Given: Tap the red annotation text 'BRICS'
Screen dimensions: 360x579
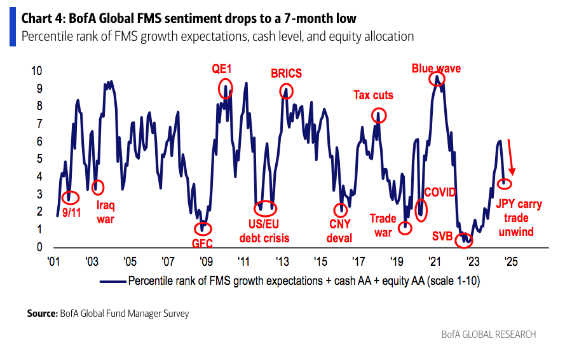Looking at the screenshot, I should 286,73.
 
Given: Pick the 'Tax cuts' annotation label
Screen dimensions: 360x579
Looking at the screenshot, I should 373,95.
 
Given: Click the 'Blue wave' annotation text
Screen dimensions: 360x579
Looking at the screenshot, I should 436,67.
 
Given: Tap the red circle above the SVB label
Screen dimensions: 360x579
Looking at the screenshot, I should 465,239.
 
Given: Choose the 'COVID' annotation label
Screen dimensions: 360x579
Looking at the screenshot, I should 440,191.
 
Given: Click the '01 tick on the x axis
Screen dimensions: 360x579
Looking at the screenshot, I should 54,261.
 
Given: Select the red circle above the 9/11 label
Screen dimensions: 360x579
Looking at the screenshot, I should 70,197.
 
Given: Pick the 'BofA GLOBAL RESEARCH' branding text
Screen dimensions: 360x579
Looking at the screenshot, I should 489,335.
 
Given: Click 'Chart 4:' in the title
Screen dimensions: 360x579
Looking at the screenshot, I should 42,18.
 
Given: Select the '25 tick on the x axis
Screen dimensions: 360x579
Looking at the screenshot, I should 510,261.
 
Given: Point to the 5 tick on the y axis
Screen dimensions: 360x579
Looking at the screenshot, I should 39,158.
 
